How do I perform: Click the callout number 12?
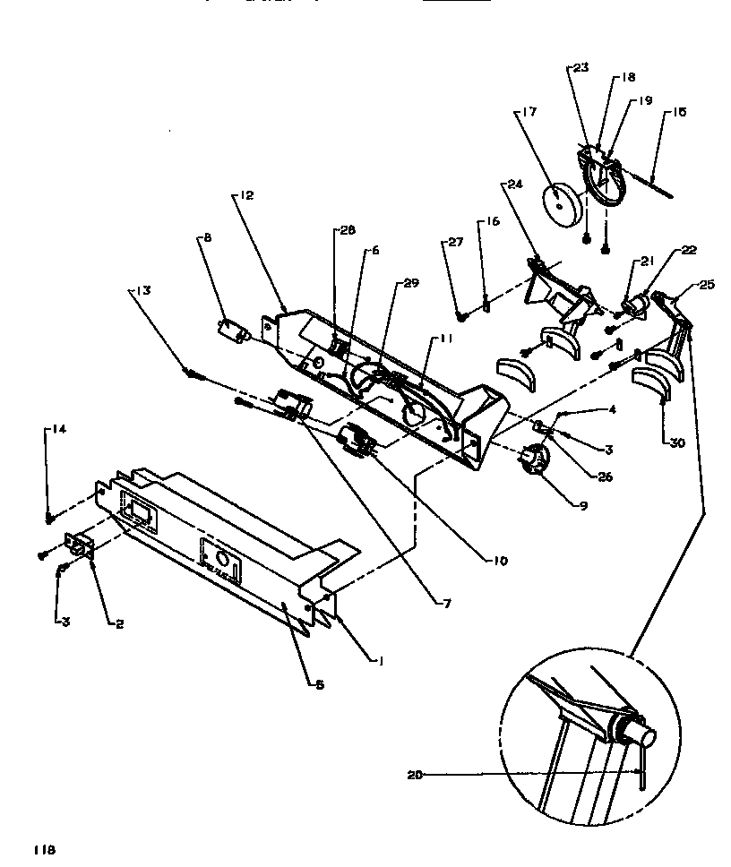[247, 194]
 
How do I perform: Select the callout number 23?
[580, 67]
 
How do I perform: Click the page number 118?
[45, 849]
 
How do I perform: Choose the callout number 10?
[499, 562]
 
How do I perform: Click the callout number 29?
[411, 283]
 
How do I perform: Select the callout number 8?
[207, 238]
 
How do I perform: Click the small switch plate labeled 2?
[77, 547]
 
